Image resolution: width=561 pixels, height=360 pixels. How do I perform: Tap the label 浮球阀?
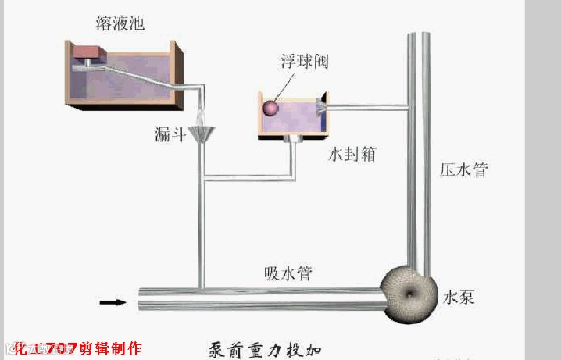click(x=298, y=62)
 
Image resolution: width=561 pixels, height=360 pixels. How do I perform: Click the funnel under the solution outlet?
click(x=202, y=136)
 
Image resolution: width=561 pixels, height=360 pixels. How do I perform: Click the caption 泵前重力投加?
click(x=266, y=348)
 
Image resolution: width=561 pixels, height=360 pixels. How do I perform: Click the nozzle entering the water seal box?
click(x=322, y=108)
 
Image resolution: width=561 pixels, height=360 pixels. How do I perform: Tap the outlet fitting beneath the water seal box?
click(x=295, y=140)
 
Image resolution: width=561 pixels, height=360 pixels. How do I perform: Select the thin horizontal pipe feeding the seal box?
click(x=367, y=107)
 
